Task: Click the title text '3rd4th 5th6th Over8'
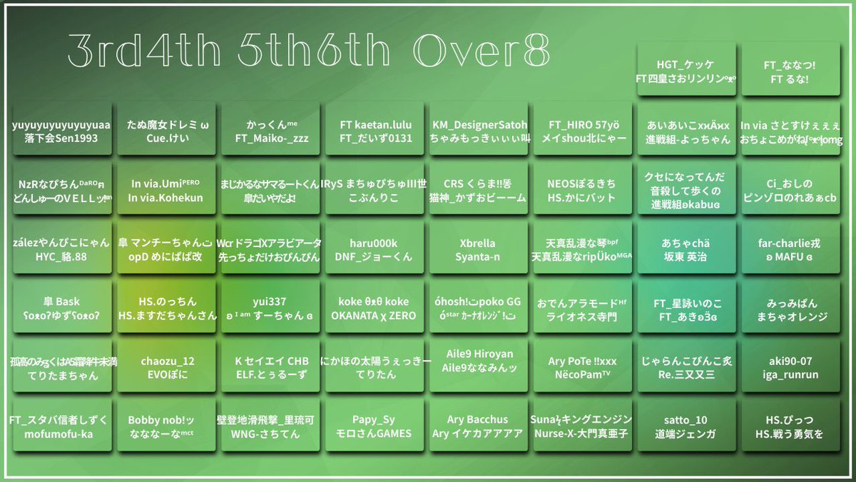309,51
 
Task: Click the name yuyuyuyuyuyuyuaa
61,125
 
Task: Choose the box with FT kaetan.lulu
375,131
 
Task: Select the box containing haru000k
375,250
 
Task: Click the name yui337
270,302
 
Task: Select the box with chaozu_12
165,368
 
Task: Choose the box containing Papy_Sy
375,427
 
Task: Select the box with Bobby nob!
165,427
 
